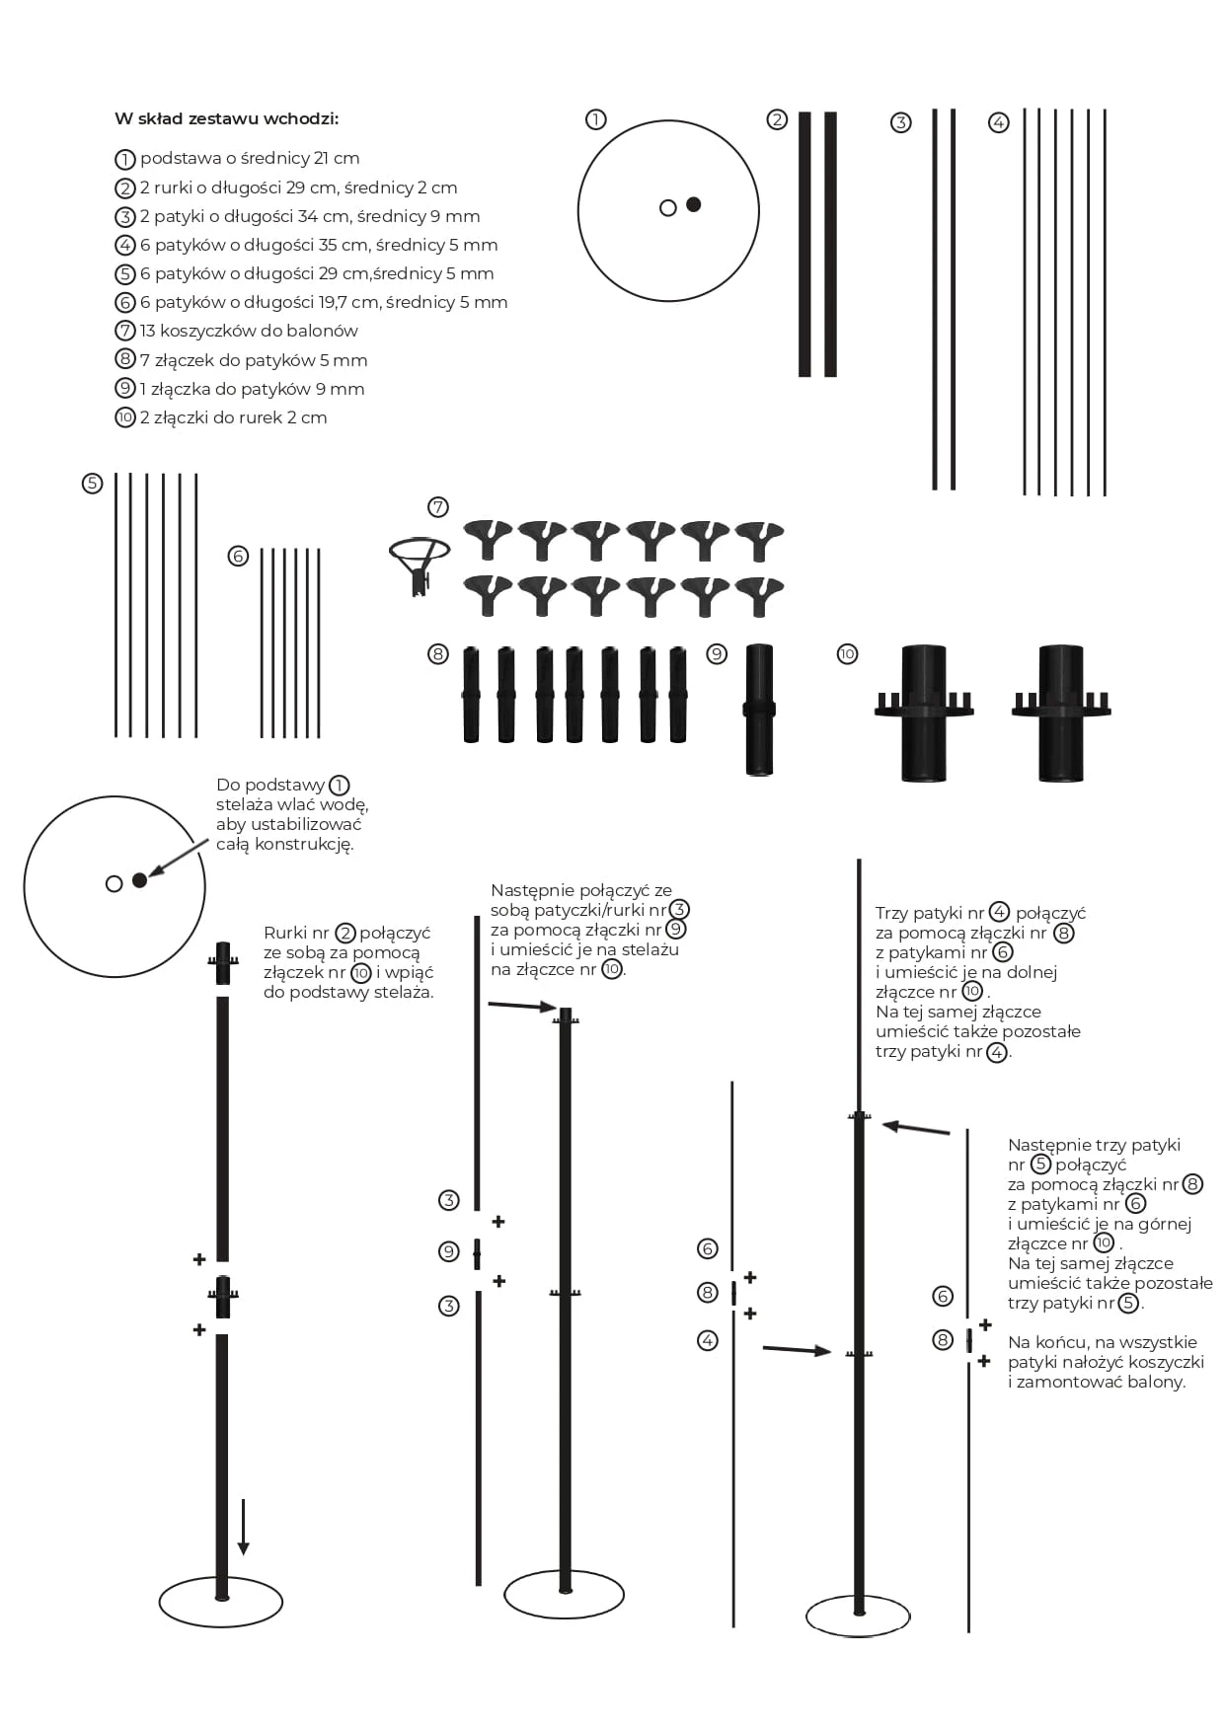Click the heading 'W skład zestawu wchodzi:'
click(x=226, y=119)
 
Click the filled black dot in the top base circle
click(x=694, y=204)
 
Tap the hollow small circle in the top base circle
click(x=668, y=208)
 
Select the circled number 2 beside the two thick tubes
click(x=777, y=120)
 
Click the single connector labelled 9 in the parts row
click(x=759, y=710)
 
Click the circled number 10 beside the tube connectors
click(x=847, y=654)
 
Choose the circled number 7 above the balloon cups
click(x=438, y=507)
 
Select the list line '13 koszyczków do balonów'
click(x=248, y=332)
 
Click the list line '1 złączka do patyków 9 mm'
click(x=252, y=389)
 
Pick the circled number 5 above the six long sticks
click(x=92, y=484)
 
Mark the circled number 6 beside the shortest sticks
click(x=238, y=557)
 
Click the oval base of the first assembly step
click(x=221, y=1603)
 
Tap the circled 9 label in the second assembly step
click(x=449, y=1251)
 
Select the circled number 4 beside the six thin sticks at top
click(x=999, y=123)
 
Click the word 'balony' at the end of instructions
click(x=1159, y=1382)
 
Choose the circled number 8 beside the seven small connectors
click(x=438, y=654)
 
